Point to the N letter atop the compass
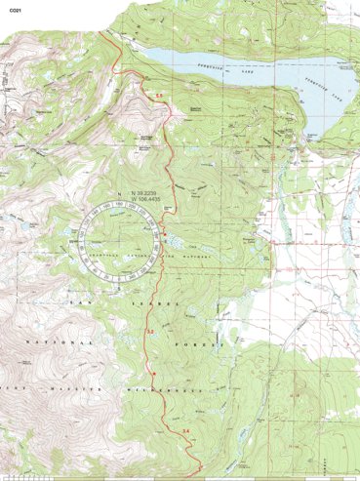click(x=116, y=194)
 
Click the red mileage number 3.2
click(x=150, y=334)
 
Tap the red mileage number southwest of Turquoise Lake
click(x=159, y=93)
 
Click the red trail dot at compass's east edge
click(x=163, y=232)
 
